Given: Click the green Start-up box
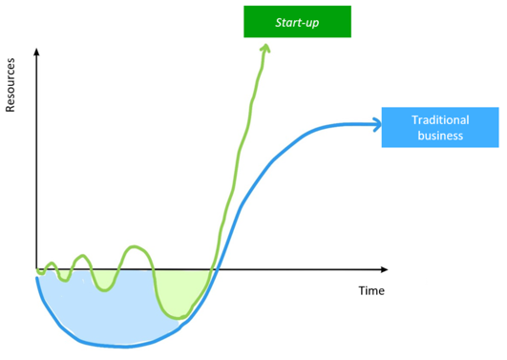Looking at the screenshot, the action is click(x=297, y=22).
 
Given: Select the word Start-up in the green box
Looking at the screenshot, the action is click(x=297, y=22).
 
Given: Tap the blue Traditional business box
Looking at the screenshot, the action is click(x=440, y=127).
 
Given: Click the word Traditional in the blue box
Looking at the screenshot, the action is click(x=440, y=120).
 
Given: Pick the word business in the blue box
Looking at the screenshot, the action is click(x=440, y=136).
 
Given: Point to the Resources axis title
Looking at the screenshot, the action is click(x=11, y=85).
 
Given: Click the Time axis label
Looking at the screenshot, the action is click(x=371, y=290).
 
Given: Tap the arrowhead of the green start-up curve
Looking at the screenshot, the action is click(x=265, y=48).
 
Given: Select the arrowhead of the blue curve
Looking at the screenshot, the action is click(x=378, y=124).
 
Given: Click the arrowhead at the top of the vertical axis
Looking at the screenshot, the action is click(x=36, y=52).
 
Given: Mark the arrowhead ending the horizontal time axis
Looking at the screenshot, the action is click(x=384, y=269).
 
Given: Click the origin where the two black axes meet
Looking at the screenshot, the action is click(x=36, y=268).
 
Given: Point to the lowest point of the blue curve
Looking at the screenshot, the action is click(x=123, y=347).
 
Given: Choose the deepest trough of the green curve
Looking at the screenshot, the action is click(x=179, y=317).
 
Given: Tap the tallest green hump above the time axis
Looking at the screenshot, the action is click(x=135, y=247).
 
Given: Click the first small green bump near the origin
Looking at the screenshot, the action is click(x=51, y=264).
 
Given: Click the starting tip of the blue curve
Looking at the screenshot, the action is click(x=37, y=278).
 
